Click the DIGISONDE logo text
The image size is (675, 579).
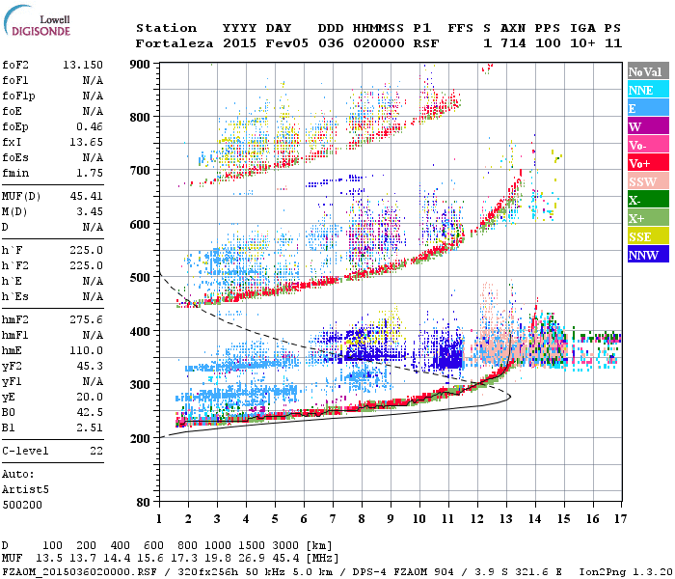[x=38, y=32]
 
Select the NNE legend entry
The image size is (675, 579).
[x=642, y=90]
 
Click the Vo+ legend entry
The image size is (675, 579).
[x=642, y=164]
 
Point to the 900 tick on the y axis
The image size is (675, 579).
[x=142, y=64]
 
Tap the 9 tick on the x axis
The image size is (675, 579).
[x=391, y=518]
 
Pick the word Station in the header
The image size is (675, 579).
[x=166, y=28]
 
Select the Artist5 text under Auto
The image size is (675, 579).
[x=23, y=489]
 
